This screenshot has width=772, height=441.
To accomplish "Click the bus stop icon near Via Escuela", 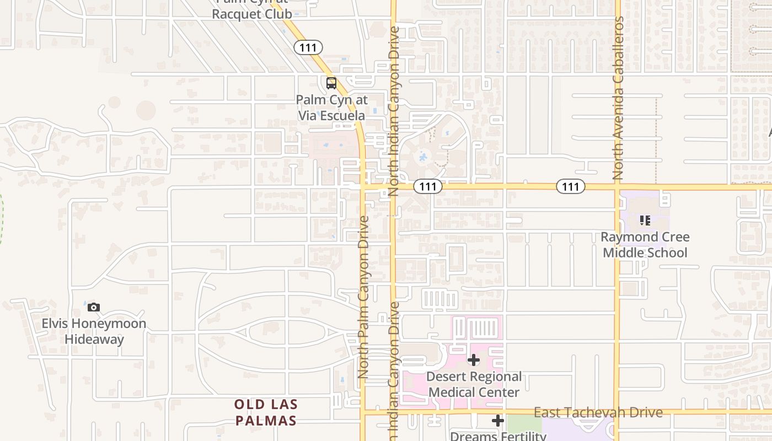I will click(x=331, y=83).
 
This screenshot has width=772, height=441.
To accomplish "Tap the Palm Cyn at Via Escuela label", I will click(x=331, y=108).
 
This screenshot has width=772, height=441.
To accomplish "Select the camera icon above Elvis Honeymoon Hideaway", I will click(x=94, y=308).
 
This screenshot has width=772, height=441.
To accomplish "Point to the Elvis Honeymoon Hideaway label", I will click(x=94, y=331).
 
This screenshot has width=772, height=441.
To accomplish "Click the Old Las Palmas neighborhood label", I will click(x=266, y=412).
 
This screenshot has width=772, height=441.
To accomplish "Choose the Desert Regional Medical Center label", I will click(x=474, y=385).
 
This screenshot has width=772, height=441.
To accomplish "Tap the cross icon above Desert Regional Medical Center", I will click(x=473, y=361).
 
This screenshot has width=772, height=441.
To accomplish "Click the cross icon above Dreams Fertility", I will click(x=498, y=421).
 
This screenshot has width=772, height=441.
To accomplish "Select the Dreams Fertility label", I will click(x=498, y=436).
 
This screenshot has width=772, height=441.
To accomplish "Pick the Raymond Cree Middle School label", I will click(x=645, y=245).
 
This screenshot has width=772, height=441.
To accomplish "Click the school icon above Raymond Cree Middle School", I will click(x=645, y=220).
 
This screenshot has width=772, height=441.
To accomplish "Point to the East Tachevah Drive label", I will click(x=598, y=412).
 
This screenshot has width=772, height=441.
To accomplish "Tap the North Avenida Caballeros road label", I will click(x=618, y=98).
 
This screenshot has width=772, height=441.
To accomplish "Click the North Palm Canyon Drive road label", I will click(x=363, y=297).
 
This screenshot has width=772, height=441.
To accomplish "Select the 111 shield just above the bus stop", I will click(x=308, y=47).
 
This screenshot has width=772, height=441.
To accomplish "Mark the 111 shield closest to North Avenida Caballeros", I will click(x=570, y=187).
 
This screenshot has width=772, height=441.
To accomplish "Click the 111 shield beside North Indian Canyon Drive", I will click(x=428, y=187).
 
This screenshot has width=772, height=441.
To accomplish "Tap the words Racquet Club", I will click(x=251, y=14).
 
